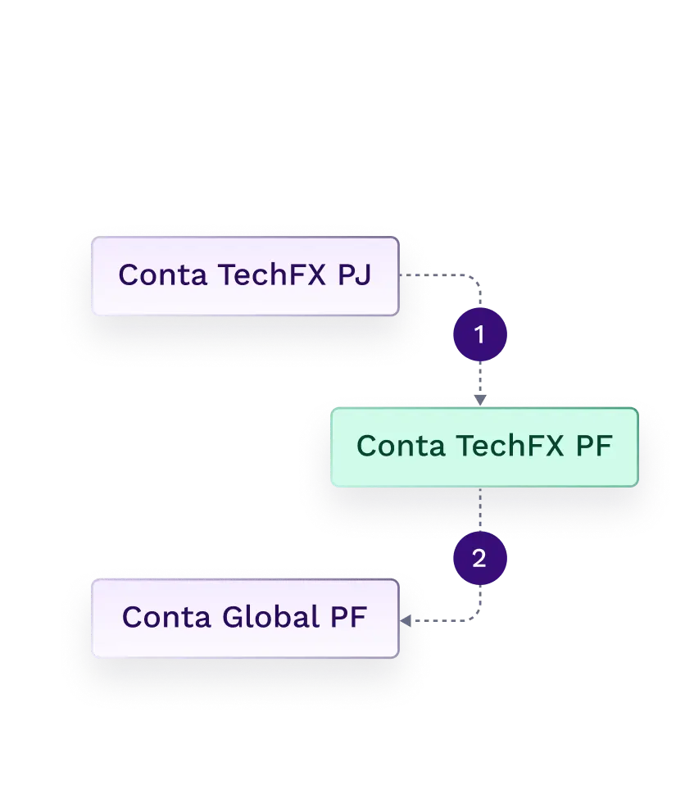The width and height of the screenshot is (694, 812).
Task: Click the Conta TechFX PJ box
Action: pos(244,277)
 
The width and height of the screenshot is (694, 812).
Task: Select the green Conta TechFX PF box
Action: pos(483,447)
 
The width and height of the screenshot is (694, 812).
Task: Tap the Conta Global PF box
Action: pos(244,619)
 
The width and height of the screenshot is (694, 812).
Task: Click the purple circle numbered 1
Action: pos(480,334)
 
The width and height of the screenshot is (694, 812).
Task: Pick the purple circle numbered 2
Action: pos(480,559)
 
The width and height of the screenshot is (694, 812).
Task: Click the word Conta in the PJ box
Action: pos(162,275)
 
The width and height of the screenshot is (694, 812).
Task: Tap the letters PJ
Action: pos(354,275)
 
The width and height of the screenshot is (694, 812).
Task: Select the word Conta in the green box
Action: pos(401,447)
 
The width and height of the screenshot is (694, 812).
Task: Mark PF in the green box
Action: pos(593,447)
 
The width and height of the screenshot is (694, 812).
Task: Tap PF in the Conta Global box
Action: pos(347,617)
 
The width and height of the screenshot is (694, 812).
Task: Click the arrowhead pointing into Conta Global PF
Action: pos(405,621)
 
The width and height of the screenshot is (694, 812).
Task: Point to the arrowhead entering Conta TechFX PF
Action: pos(481,400)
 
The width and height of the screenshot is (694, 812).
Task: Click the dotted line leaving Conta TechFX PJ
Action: pos(415,277)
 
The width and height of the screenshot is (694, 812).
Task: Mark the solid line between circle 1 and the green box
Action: pos(481,379)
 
